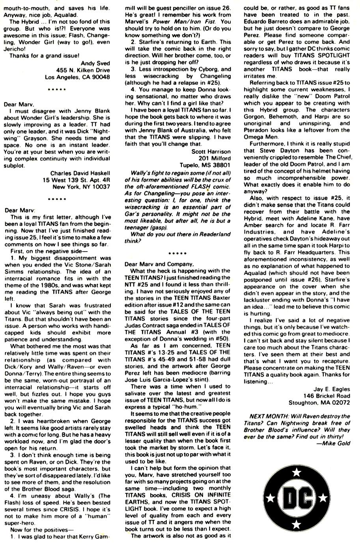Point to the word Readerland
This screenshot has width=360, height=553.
216,234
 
